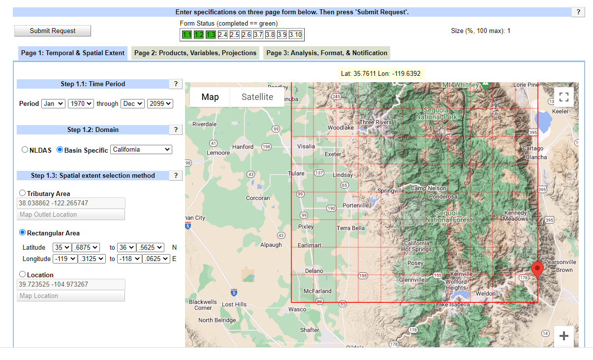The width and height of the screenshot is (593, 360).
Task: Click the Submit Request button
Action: (x=53, y=31)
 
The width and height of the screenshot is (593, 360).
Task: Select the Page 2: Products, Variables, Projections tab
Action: (x=195, y=53)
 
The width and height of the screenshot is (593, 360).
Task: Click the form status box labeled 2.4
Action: (x=222, y=34)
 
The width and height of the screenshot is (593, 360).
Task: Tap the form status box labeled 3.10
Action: (x=295, y=34)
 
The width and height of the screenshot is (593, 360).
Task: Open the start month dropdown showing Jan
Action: (x=53, y=103)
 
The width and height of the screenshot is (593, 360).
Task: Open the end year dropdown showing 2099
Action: (x=160, y=103)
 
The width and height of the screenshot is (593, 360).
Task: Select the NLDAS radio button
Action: (x=25, y=150)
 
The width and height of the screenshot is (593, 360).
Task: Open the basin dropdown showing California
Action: (x=141, y=149)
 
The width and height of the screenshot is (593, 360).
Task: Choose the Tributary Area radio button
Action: (x=22, y=193)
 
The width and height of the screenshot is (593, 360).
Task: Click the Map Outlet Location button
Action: (x=71, y=214)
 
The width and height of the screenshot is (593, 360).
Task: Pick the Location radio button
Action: (x=22, y=274)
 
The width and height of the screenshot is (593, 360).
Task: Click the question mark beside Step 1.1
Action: (x=176, y=84)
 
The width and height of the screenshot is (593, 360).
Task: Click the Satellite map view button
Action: (x=257, y=97)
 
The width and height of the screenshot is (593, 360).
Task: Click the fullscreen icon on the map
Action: (x=564, y=97)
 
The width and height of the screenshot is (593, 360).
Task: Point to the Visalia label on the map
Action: (x=306, y=146)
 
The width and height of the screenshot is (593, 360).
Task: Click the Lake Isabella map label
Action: (x=453, y=304)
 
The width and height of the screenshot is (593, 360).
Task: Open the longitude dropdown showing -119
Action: (x=65, y=259)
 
